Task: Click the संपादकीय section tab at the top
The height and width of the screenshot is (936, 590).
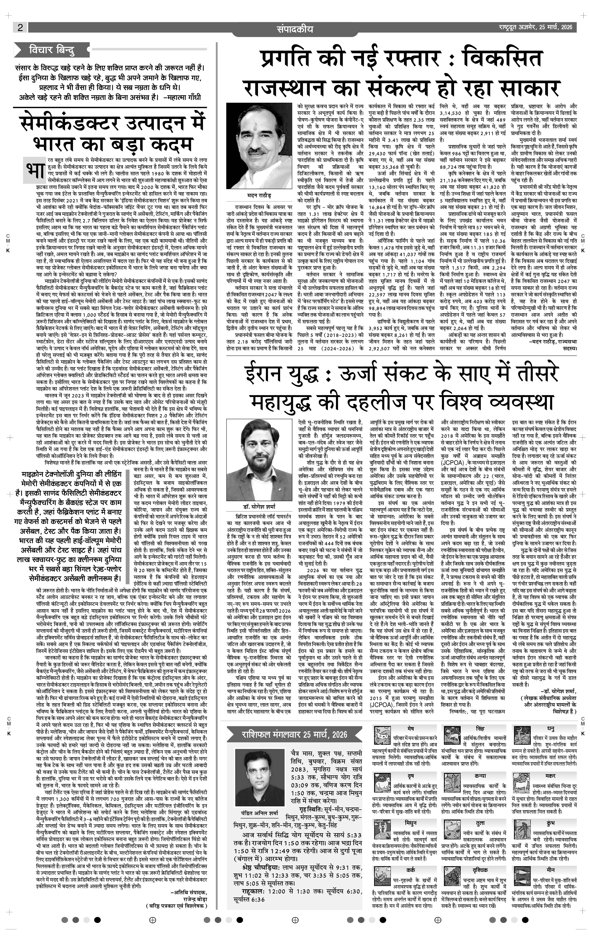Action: coord(295,29)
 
